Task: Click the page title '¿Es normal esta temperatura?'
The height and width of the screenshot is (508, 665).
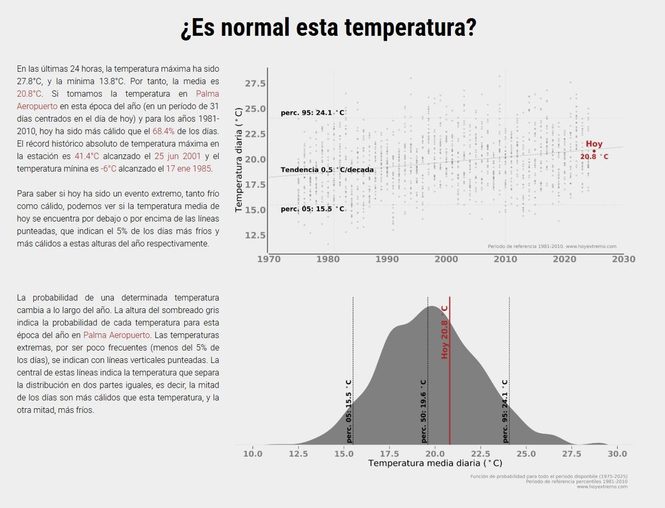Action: point(329,29)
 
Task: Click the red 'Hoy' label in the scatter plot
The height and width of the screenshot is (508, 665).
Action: point(594,144)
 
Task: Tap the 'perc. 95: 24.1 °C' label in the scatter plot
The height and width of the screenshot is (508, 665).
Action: point(313,113)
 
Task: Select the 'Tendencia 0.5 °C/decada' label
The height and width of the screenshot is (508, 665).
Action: point(327,170)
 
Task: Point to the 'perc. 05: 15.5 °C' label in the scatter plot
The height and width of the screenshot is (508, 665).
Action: point(313,209)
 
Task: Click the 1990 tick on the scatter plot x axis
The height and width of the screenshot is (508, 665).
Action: point(387,259)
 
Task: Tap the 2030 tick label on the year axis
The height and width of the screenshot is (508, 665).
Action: point(623,259)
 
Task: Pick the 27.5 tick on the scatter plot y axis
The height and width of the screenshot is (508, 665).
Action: point(255,83)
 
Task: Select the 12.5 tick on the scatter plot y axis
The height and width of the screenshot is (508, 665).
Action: point(255,235)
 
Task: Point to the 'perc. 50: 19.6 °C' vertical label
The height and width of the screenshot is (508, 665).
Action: point(423,411)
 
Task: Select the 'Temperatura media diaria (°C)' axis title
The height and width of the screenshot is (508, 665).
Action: point(435,463)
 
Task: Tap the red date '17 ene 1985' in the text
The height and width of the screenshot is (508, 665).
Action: point(189,168)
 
